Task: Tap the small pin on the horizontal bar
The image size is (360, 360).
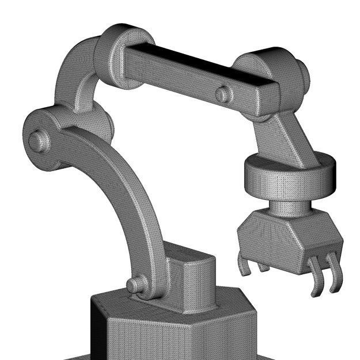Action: (222, 94)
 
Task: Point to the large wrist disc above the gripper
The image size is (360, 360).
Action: (288, 176)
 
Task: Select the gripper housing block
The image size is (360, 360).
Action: (288, 239)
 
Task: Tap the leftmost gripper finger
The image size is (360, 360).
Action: (244, 265)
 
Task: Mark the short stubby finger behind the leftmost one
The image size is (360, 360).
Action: (262, 266)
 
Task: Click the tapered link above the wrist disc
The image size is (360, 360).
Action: (288, 138)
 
